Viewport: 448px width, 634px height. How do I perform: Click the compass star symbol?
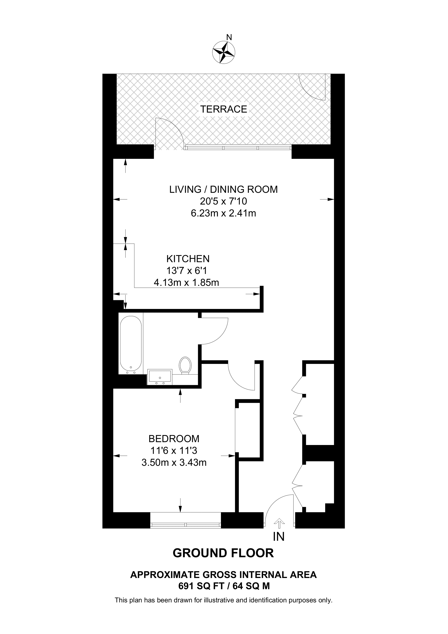coord(224,52)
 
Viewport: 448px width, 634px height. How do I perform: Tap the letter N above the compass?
coord(229,37)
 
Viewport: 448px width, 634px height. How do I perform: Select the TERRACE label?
coord(224,109)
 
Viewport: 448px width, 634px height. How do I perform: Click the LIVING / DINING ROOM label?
coord(223,189)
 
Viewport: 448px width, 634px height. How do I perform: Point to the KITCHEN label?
coord(188,259)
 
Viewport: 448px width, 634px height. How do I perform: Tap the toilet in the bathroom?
coord(185,366)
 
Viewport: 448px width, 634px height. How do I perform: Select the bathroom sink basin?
coord(160,377)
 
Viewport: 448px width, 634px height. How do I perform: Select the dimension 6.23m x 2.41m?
coord(223,213)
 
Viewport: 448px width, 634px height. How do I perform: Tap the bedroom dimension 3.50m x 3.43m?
coord(174,463)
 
